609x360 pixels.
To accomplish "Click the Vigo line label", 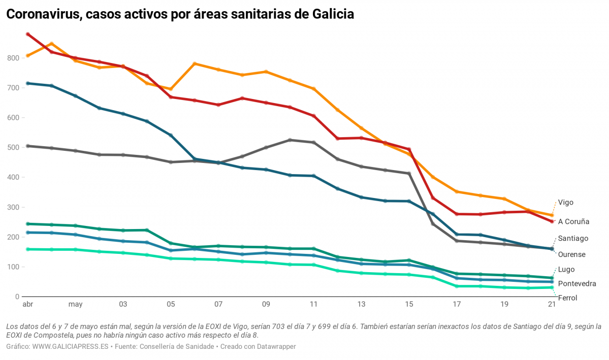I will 565,202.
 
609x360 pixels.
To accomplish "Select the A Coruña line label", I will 573,221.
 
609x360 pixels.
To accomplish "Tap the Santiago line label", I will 573,238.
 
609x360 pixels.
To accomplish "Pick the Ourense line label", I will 571,254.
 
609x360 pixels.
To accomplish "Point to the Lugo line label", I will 566,270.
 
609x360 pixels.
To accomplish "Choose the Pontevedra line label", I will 576,284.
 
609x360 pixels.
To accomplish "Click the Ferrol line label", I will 567,298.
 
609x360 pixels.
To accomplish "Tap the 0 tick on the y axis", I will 17,297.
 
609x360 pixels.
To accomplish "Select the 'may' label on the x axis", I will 75,305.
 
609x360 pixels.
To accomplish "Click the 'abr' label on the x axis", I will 27,305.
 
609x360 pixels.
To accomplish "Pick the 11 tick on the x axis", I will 313,305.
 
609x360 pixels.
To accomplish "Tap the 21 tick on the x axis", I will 552,305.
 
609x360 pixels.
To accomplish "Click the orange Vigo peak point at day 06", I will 195,64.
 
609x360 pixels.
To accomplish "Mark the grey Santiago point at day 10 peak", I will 290,140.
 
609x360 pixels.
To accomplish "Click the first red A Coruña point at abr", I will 28,35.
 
